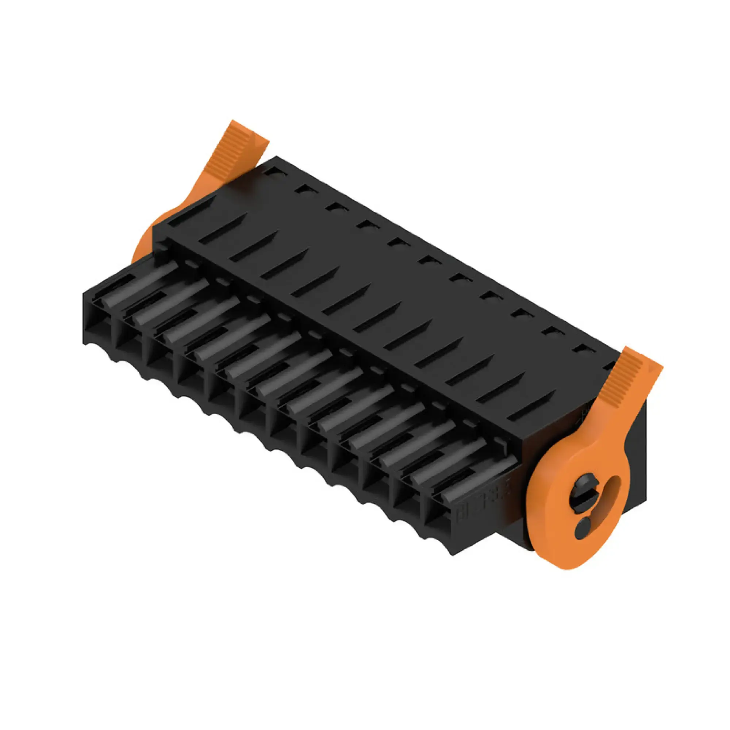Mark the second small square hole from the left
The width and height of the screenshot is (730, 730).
[305, 189]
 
